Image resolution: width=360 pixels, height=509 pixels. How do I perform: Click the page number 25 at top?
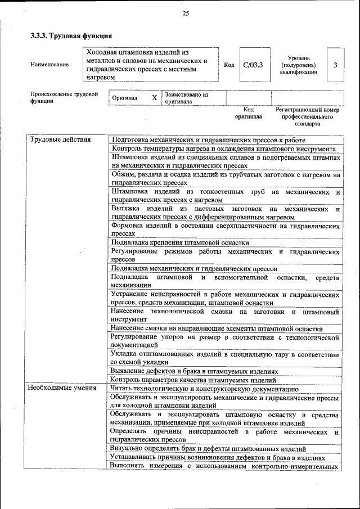pos(186,13)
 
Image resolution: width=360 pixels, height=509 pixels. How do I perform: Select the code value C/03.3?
pos(253,65)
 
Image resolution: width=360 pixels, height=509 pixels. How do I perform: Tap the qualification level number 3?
pos(335,65)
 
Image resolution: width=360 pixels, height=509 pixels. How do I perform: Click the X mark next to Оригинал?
pos(154,98)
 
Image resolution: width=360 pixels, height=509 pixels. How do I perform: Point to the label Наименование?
pos(50,65)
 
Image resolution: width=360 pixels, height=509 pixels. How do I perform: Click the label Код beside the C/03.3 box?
pos(229,65)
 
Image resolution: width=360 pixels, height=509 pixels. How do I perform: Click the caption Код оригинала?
pos(249,112)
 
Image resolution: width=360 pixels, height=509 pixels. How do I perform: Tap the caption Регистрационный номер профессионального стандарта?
pos(307,116)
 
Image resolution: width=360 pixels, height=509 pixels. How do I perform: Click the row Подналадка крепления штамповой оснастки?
pos(180,243)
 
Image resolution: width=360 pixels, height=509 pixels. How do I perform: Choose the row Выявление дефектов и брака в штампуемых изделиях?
pos(195,371)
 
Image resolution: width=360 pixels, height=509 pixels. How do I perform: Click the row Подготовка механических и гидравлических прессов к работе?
pos(209,139)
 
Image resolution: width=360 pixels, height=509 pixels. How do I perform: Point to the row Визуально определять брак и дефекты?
pos(208,449)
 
